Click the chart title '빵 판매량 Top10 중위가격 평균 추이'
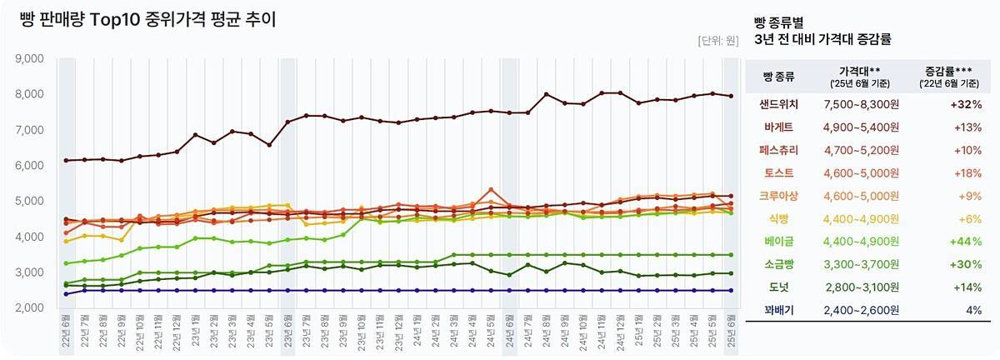click(147, 19)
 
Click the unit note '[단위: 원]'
click(717, 40)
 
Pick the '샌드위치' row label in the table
click(778, 104)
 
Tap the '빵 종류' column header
click(778, 77)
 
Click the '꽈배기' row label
click(778, 310)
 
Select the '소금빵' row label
click(778, 264)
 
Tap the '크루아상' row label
click(778, 196)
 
